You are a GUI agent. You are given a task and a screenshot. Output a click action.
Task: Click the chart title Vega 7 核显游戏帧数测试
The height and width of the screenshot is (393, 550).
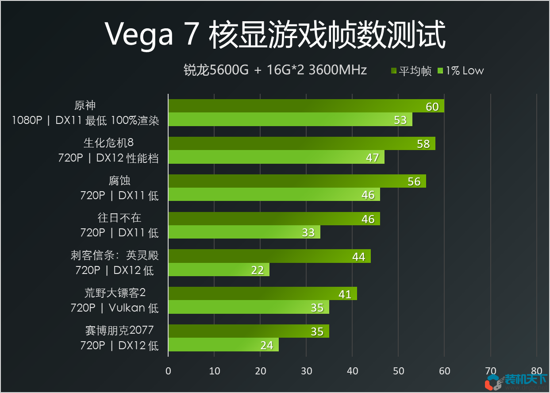[275, 35]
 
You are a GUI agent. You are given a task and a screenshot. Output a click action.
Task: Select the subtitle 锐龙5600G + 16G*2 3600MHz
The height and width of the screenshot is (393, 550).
[275, 70]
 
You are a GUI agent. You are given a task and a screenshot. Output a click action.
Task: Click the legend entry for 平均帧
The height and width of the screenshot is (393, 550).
[411, 71]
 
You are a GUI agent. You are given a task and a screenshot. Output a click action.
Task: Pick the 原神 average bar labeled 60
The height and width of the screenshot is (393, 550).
[306, 106]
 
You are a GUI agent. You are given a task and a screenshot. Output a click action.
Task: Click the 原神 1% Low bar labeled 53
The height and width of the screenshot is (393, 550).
[290, 120]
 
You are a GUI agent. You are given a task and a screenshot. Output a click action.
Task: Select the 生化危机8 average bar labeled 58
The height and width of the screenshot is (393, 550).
[301, 143]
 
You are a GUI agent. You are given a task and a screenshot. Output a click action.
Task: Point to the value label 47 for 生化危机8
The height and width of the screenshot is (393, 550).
[372, 158]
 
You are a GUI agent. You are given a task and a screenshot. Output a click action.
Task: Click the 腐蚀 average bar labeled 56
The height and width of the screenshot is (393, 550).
[297, 181]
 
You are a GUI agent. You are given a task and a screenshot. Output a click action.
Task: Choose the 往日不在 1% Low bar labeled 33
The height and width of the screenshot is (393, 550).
[244, 232]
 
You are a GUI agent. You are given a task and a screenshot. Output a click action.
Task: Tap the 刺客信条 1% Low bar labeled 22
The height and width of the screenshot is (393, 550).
[219, 270]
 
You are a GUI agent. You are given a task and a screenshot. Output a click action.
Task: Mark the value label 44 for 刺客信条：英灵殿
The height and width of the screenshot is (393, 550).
[358, 257]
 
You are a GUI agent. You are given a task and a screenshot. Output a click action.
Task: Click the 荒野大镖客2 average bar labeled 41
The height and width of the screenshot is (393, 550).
[262, 294]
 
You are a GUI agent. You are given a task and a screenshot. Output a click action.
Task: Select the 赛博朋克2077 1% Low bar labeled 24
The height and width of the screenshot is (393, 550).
[223, 345]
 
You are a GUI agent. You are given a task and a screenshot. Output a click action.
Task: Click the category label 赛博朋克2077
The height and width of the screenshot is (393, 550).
[119, 331]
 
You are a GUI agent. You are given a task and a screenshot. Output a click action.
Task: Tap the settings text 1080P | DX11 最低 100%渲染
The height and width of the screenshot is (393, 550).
[85, 120]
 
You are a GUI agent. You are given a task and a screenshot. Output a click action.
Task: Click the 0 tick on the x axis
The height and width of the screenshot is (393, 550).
[168, 371]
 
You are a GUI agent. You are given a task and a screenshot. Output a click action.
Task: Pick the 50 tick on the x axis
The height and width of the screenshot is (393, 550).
[398, 371]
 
